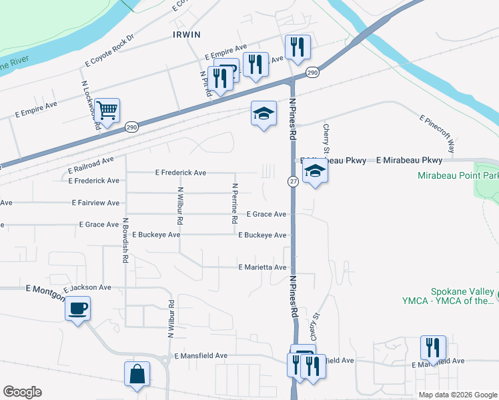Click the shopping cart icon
pyautogui.click(x=107, y=109)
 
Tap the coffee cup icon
pyautogui.click(x=78, y=309)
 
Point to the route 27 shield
pyautogui.click(x=293, y=181)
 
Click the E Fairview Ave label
pyautogui.click(x=95, y=203)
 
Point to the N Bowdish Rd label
pyautogui.click(x=125, y=240)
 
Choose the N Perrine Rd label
pyautogui.click(x=235, y=203)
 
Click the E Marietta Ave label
pyautogui.click(x=263, y=267)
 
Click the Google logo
pyautogui.click(x=21, y=391)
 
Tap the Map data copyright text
pyautogui.click(x=457, y=395)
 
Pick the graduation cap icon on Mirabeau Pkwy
pyautogui.click(x=314, y=171)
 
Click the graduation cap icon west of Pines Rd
pyautogui.click(x=264, y=114)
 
